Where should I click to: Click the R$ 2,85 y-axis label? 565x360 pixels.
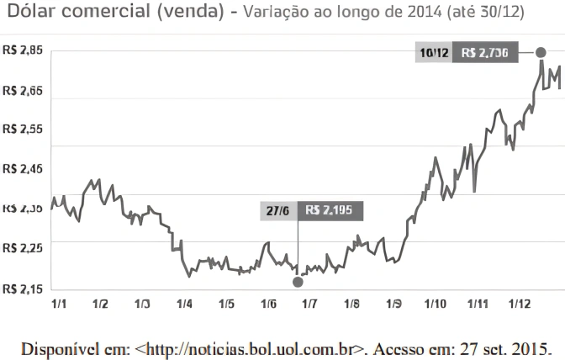(23, 50)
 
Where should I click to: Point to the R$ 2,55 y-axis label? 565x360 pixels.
(23, 129)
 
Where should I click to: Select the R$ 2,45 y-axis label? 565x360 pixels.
(23, 169)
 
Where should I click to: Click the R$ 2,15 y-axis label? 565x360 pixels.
(23, 289)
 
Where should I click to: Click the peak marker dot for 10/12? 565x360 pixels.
(541, 53)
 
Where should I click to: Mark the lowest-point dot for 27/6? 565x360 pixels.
(298, 282)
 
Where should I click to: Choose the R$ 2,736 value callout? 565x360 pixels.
(486, 52)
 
